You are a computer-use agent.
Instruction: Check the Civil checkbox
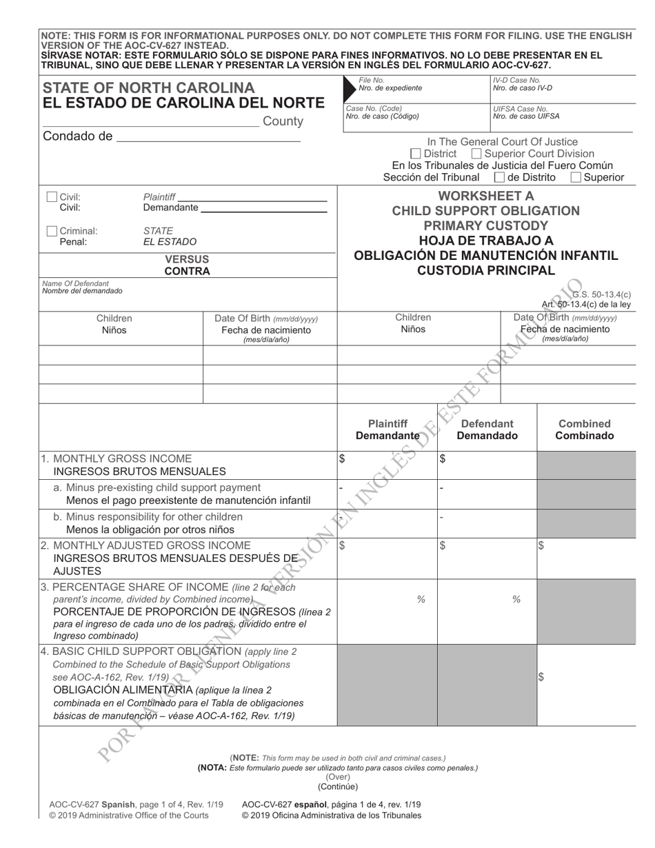52,197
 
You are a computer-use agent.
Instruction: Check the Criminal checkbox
52,231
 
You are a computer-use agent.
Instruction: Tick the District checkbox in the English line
415,154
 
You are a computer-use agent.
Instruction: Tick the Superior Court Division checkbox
476,154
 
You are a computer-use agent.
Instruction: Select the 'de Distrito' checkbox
500,178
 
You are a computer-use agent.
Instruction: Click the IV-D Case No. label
517,81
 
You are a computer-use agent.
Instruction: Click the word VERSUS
187,259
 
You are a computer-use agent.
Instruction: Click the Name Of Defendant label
75,283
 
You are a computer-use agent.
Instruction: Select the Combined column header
585,424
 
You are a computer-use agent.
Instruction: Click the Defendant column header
487,424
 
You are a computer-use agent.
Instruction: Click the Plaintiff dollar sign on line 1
342,458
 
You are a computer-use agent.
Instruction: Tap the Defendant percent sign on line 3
516,600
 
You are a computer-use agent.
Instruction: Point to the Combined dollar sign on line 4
541,677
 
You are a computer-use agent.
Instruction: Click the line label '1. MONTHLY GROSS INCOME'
117,458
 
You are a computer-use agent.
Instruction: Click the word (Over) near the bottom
338,776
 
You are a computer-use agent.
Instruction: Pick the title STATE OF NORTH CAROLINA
149,88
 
